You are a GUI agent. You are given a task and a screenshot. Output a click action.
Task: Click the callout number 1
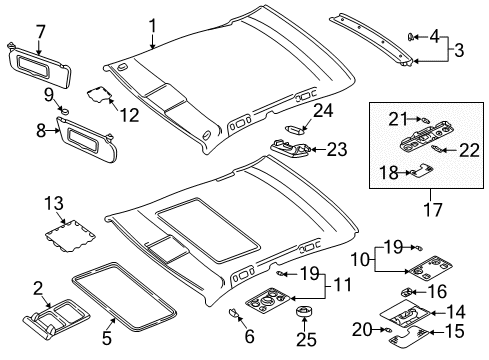152,26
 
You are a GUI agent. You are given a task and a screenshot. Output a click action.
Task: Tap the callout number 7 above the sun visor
40,33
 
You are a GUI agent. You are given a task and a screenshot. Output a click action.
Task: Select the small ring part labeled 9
64,110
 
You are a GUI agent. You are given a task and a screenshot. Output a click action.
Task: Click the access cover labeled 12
99,94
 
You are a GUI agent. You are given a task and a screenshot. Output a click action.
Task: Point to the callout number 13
54,203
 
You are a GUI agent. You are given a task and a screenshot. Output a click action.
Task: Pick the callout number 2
38,289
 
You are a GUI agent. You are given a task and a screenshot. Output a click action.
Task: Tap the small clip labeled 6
234,313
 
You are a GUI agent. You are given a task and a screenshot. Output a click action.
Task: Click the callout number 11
342,285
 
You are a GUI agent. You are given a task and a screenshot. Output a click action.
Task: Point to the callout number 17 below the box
433,210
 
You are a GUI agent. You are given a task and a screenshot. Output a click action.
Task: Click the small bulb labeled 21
426,119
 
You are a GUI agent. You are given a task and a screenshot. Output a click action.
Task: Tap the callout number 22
470,150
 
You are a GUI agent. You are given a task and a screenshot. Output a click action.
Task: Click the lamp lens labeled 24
295,128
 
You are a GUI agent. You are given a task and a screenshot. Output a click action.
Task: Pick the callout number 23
337,149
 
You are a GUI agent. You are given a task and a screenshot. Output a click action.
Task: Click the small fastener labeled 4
411,36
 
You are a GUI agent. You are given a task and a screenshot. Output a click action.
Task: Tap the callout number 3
459,51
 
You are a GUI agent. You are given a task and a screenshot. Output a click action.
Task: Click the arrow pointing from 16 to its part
418,292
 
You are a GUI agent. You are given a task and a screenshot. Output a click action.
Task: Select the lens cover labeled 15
408,336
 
